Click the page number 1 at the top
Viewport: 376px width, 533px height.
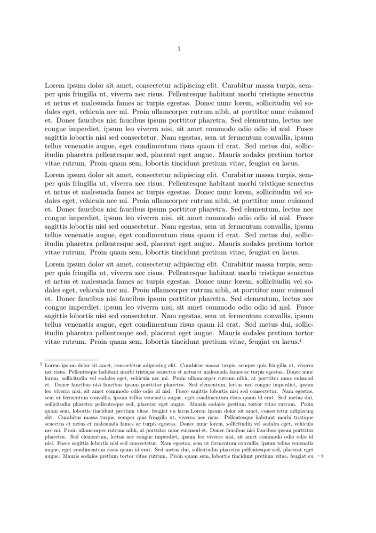[179, 49]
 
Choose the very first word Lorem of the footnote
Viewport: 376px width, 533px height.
[52, 366]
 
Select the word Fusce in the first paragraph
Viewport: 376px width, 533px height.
[304, 128]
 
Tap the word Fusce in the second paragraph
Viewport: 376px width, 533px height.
[304, 217]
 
